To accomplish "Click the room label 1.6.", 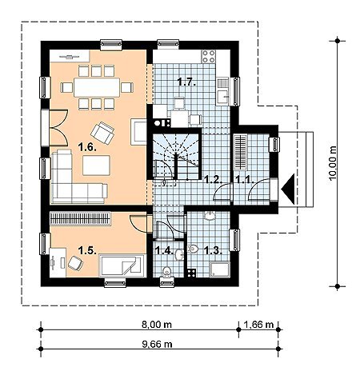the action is [87, 147].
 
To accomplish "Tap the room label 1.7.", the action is [187, 82].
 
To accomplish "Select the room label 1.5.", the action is [87, 250].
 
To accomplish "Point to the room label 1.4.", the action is [164, 250].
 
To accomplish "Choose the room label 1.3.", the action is [213, 250].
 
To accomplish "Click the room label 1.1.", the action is [244, 179].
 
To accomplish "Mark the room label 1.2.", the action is [213, 179].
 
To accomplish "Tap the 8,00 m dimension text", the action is [157, 325].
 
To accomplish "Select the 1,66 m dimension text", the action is [258, 325].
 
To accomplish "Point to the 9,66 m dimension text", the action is [157, 344].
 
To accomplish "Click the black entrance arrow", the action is [288, 189].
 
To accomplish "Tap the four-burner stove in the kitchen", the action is [209, 56].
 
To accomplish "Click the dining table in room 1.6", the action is [97, 87].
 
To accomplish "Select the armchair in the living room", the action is [102, 133].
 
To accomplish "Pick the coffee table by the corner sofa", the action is [96, 166].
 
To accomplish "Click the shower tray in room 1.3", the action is [220, 269].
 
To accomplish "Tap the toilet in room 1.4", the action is [167, 272].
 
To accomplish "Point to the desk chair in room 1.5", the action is [75, 263].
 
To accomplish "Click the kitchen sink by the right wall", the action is [223, 91].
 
